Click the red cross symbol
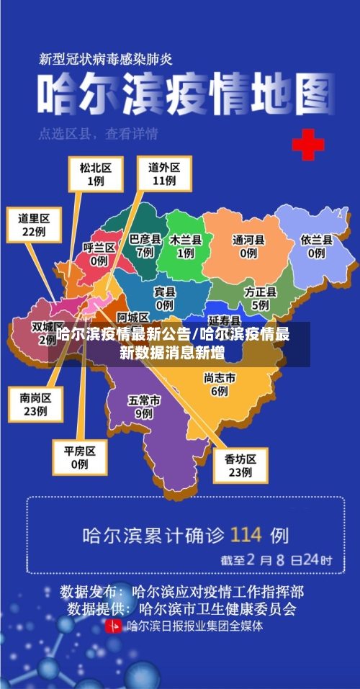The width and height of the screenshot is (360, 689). (x=307, y=145)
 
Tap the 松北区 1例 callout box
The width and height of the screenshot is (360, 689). (x=95, y=174)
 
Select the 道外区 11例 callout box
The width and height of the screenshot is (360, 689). (x=164, y=174)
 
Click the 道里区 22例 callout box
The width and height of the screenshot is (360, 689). (x=34, y=225)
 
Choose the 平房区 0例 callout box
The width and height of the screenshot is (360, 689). (x=79, y=457)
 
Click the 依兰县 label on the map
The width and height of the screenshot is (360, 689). (x=316, y=246)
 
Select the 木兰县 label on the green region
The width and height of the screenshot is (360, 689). (x=186, y=246)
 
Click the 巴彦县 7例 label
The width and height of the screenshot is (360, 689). (x=145, y=246)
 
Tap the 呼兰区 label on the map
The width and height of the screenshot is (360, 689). (x=99, y=254)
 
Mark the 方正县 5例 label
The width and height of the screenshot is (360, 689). (x=260, y=298)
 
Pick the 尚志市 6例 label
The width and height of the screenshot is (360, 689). (x=220, y=384)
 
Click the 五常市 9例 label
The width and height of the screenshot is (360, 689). (x=144, y=407)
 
